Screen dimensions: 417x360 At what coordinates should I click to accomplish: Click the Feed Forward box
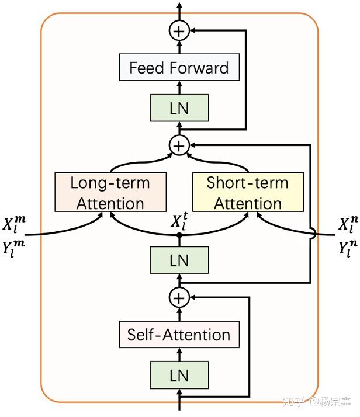[x=179, y=68]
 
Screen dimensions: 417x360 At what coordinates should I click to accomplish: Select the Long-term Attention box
[x=110, y=192]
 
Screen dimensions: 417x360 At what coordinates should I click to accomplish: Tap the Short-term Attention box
[x=247, y=192]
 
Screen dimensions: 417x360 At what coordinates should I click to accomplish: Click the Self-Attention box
[x=179, y=335]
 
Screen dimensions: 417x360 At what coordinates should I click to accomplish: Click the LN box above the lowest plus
[x=179, y=260]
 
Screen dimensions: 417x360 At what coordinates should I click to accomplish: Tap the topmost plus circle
[x=179, y=30]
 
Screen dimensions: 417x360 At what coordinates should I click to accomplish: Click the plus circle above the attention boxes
[x=179, y=145]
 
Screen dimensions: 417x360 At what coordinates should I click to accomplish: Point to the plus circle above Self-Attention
[x=179, y=297]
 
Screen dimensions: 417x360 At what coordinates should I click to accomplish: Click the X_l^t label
[x=179, y=222]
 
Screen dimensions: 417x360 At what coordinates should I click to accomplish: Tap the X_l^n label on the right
[x=348, y=223]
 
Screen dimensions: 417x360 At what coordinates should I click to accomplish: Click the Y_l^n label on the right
[x=348, y=248]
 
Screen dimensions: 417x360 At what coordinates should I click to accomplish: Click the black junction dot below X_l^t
[x=179, y=235]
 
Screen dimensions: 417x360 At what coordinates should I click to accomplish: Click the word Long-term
[x=110, y=183]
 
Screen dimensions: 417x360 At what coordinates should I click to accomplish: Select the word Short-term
[x=247, y=183]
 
